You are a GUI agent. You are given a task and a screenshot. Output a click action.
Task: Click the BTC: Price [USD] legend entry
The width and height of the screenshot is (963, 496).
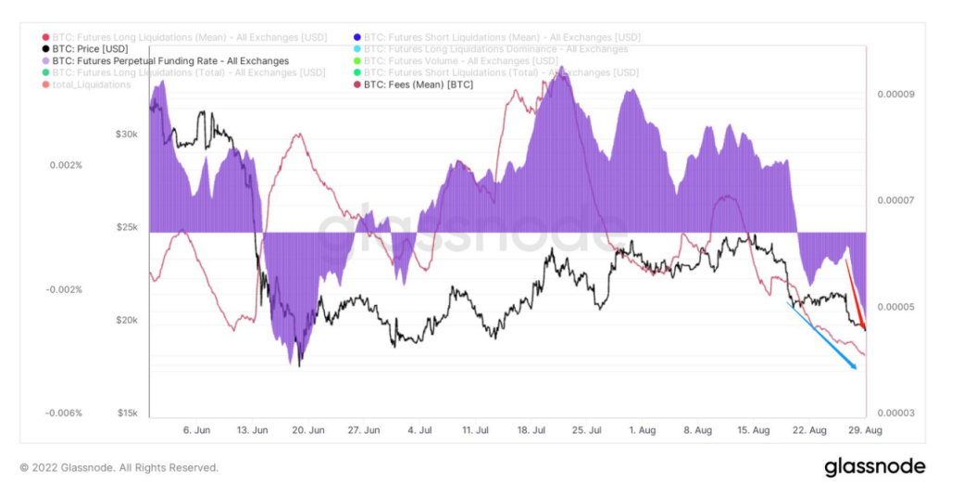[90, 49]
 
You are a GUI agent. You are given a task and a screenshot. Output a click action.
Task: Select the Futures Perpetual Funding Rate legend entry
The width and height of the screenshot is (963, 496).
[170, 61]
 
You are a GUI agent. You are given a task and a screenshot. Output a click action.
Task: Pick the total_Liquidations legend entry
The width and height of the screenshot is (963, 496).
[91, 84]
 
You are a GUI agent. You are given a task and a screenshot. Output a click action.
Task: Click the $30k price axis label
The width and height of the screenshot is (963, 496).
[127, 134]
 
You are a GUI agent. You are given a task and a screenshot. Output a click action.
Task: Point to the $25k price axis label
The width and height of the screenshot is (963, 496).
[127, 227]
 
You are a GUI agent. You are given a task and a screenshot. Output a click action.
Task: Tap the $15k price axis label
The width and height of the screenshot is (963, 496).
[127, 413]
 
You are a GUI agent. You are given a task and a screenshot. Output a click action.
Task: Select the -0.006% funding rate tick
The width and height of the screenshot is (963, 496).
[65, 413]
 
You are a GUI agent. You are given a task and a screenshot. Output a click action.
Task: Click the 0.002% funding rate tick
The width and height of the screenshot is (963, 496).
[67, 165]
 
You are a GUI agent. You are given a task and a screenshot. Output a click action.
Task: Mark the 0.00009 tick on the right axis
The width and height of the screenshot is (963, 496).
[894, 94]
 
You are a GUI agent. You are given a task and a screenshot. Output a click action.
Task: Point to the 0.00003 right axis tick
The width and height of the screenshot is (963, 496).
[894, 413]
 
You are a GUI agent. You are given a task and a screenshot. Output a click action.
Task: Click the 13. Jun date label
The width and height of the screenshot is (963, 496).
[253, 430]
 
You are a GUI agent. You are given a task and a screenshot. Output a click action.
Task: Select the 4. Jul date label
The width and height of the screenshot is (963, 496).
[419, 430]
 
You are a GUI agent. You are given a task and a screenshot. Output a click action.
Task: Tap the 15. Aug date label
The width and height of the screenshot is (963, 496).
[754, 430]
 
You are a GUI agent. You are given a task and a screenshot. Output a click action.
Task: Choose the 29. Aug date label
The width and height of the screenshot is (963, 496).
[865, 430]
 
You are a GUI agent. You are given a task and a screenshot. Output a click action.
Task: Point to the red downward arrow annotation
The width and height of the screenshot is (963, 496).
[856, 296]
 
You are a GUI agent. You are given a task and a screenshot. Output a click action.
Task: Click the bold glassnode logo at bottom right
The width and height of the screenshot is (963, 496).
[875, 466]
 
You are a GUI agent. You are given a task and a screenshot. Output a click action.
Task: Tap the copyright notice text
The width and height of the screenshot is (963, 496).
[119, 467]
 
